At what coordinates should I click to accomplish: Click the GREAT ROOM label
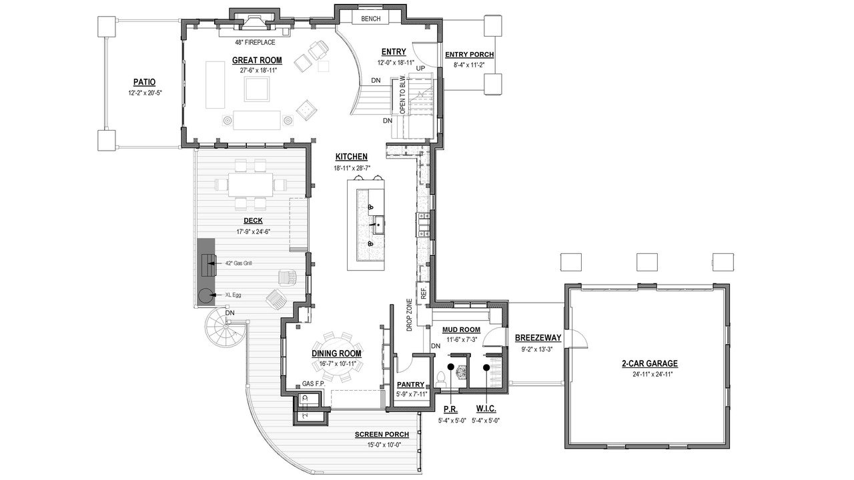tap(257, 60)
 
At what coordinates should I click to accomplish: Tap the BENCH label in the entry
tap(370, 19)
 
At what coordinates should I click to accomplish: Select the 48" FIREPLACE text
tap(255, 42)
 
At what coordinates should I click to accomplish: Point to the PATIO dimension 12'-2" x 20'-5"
tap(145, 93)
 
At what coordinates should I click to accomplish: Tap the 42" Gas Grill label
tap(238, 263)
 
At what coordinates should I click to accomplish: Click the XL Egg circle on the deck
tap(205, 295)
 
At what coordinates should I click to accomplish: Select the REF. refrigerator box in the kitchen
tap(423, 293)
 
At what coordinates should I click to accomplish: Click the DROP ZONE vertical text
tap(410, 315)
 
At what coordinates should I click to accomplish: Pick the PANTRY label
tap(410, 385)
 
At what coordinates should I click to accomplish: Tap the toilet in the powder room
tap(442, 378)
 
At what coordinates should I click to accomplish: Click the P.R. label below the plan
tap(450, 409)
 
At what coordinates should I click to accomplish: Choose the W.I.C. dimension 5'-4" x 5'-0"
tap(486, 421)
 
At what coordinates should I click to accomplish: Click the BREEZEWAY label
tap(538, 338)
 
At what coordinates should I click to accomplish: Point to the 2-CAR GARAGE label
tap(650, 364)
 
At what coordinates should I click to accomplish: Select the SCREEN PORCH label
tap(382, 435)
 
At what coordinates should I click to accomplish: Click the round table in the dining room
tap(338, 357)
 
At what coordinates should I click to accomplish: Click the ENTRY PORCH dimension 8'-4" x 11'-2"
tap(469, 65)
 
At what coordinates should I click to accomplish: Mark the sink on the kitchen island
tap(378, 225)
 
